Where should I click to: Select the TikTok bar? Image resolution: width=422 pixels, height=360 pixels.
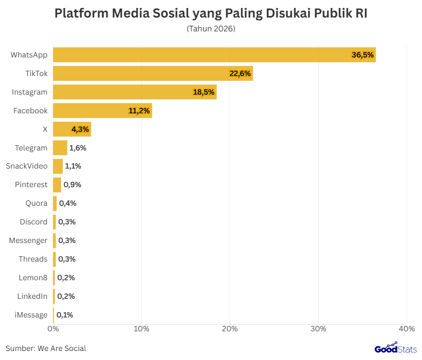pos(153,73)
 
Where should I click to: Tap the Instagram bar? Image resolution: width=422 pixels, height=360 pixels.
pos(134,92)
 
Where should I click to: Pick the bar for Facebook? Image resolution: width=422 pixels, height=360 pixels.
pos(102,111)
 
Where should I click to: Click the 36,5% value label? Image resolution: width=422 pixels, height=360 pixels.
pos(363,55)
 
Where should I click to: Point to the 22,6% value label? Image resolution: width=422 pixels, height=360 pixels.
pos(240,73)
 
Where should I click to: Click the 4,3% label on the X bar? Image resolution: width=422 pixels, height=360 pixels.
pos(80,129)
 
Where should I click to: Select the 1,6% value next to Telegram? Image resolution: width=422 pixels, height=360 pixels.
pos(78,148)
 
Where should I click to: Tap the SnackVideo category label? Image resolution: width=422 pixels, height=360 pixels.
pos(27,166)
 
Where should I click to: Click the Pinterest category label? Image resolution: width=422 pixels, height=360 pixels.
pos(31,185)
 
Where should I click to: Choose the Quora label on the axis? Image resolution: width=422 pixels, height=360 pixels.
pos(36,203)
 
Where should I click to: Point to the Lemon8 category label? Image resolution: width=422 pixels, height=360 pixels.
pos(33,278)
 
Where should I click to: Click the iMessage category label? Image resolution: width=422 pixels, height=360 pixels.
pos(31,315)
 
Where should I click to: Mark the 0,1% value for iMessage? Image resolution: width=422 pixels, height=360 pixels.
pos(65,315)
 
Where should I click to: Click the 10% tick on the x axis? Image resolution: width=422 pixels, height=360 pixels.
pos(141,329)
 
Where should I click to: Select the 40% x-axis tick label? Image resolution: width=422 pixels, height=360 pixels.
pos(407,329)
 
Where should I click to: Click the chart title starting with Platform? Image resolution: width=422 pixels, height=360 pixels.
pos(211,14)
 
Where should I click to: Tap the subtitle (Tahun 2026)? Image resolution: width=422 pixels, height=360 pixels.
pos(211,29)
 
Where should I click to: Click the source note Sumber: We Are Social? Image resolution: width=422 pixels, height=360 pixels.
pos(46,348)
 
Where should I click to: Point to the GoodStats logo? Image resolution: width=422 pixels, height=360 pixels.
pos(395,348)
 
